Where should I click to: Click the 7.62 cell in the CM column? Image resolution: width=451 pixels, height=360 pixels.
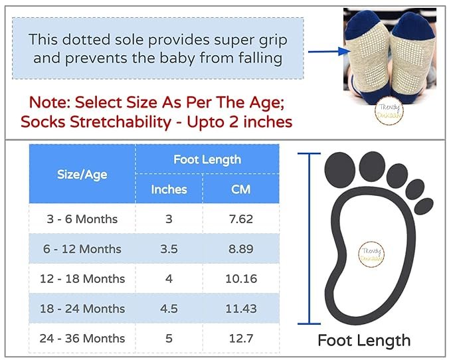[x=241, y=219]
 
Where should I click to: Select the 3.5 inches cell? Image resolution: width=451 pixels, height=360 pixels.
[x=169, y=248]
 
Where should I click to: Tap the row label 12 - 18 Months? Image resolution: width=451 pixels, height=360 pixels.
[x=82, y=278]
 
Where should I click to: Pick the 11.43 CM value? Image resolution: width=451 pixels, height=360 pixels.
[x=241, y=309]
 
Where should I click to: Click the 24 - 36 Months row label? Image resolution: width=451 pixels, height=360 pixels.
[x=82, y=339]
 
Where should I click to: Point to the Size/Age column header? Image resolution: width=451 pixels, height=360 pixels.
[x=82, y=175]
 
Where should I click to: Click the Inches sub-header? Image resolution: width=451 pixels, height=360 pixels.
[x=169, y=189]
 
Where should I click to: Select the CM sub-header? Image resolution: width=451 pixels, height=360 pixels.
[x=240, y=189]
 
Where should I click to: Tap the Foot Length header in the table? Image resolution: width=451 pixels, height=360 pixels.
[x=207, y=159]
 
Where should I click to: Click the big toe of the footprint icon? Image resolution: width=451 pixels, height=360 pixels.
[x=340, y=170]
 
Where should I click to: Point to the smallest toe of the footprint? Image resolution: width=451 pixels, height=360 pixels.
[x=424, y=206]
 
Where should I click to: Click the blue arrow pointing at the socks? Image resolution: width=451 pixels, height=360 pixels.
[x=329, y=51]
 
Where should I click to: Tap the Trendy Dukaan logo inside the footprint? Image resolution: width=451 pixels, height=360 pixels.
[x=371, y=254]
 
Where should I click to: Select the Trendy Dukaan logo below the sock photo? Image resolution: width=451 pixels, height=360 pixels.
[x=389, y=112]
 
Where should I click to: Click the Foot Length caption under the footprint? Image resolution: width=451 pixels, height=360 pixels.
[x=364, y=341]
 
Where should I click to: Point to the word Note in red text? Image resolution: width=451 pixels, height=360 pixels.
[x=49, y=102]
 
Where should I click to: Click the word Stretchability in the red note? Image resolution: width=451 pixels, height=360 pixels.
[x=120, y=122]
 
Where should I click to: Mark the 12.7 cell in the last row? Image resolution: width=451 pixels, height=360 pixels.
[x=241, y=339]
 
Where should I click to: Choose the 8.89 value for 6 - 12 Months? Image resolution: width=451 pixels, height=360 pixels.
[x=241, y=248]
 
